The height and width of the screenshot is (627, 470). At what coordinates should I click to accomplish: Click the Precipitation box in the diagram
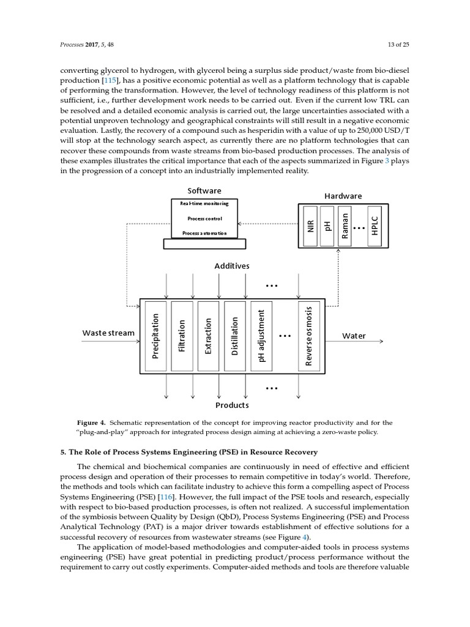tap(155, 336)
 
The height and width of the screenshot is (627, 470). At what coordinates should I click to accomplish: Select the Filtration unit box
tap(182, 336)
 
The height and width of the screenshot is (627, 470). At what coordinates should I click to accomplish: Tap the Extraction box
tap(208, 336)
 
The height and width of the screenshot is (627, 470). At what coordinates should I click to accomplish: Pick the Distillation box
tap(234, 336)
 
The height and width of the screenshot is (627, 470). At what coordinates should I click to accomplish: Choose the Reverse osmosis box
tap(309, 336)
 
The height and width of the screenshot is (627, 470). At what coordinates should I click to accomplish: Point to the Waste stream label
tap(108, 333)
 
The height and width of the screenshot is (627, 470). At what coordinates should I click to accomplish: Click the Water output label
tap(354, 336)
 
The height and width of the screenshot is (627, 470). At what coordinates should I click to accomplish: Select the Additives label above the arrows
tap(231, 266)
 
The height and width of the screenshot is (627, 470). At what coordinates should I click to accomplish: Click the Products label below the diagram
tap(231, 405)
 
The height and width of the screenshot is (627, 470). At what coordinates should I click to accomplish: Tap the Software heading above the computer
tap(204, 190)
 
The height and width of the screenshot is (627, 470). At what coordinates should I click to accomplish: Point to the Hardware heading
tap(343, 196)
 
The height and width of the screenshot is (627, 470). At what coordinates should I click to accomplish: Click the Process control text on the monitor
tap(204, 218)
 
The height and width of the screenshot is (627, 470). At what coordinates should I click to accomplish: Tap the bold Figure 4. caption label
tap(91, 422)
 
